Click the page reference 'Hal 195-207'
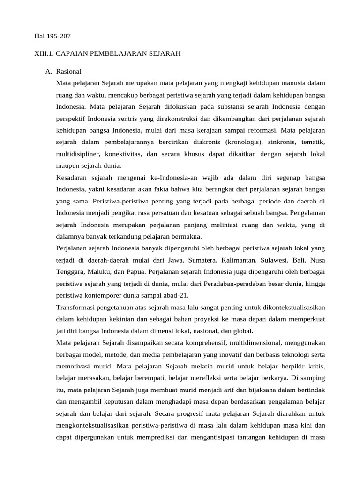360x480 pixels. [52, 36]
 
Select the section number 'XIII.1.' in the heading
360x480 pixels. [44, 54]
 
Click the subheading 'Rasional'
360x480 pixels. [68, 72]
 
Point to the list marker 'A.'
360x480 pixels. [48, 72]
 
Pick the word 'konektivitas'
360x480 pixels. [125, 154]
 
